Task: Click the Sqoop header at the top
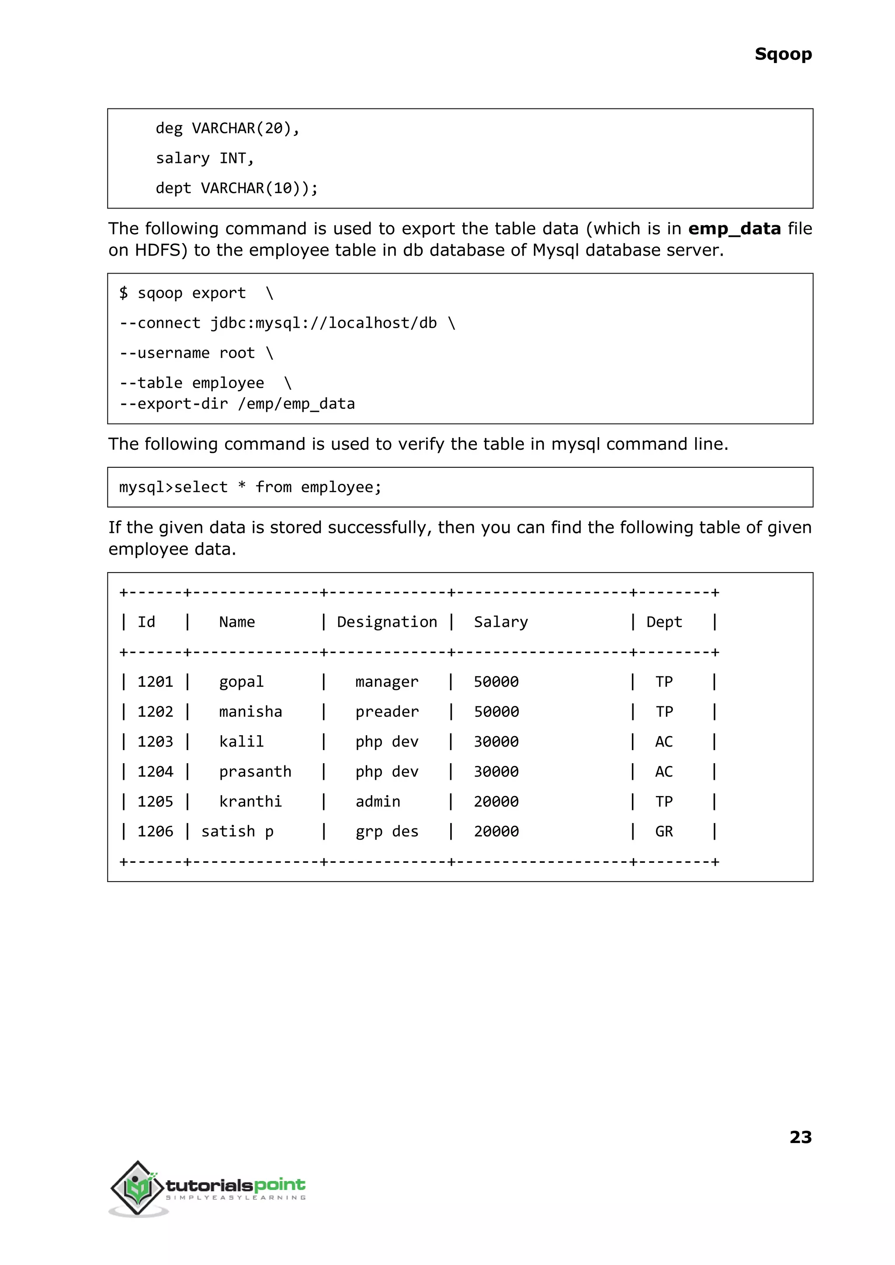pyautogui.click(x=783, y=54)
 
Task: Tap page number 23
pyautogui.click(x=800, y=1136)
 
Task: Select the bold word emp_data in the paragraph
pyautogui.click(x=734, y=228)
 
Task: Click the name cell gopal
pyautogui.click(x=241, y=682)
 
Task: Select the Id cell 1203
pyautogui.click(x=155, y=741)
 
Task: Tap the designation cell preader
pyautogui.click(x=387, y=712)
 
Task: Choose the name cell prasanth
pyautogui.click(x=255, y=772)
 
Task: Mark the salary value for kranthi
pyautogui.click(x=496, y=801)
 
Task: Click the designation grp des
pyautogui.click(x=387, y=831)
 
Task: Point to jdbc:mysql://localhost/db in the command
pyautogui.click(x=323, y=323)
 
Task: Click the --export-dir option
pyautogui.click(x=173, y=403)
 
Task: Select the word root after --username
pyautogui.click(x=237, y=353)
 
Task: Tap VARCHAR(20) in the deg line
pyautogui.click(x=241, y=128)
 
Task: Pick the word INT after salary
pyautogui.click(x=232, y=158)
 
